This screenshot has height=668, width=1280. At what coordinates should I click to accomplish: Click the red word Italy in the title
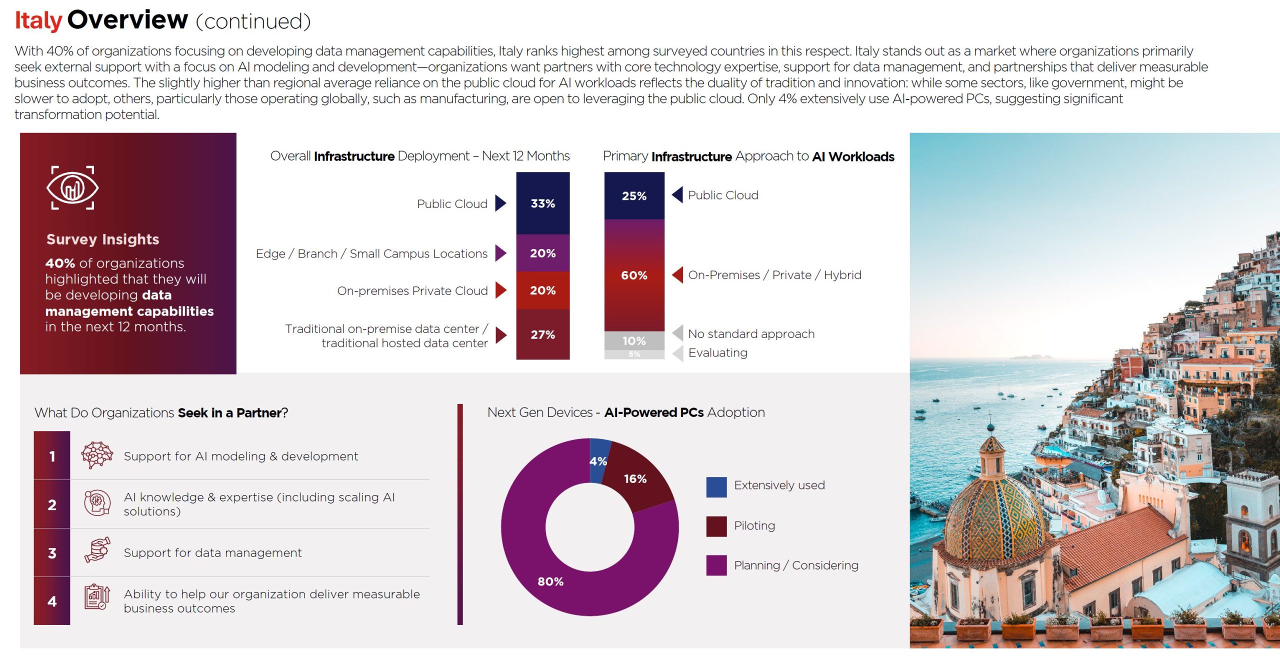click(38, 21)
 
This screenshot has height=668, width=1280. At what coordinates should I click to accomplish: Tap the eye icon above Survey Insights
click(72, 188)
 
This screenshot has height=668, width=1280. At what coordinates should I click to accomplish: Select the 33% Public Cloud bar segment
click(542, 203)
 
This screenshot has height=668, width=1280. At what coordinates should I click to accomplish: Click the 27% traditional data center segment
click(542, 334)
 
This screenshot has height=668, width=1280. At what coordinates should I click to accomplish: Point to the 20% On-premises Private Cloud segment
click(542, 290)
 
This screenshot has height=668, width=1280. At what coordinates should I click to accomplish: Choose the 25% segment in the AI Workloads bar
click(634, 196)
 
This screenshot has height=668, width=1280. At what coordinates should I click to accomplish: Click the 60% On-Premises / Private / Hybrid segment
click(634, 275)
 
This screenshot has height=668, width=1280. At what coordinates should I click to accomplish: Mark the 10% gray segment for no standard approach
click(634, 340)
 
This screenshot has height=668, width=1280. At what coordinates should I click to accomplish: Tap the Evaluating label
click(717, 353)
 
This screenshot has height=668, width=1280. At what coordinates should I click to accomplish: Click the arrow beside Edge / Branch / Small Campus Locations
click(500, 253)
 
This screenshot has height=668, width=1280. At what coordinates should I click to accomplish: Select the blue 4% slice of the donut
click(598, 460)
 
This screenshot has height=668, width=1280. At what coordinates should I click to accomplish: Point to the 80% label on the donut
click(550, 581)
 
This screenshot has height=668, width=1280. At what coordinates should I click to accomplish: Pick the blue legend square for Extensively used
click(716, 487)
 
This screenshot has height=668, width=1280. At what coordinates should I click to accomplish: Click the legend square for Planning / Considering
click(716, 565)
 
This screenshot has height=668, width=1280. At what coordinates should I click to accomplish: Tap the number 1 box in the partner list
click(52, 456)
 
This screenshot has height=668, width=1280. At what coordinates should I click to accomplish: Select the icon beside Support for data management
click(97, 551)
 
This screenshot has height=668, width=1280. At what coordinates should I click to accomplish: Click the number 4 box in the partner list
click(52, 601)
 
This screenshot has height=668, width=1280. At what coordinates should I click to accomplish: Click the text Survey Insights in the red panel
click(102, 239)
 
